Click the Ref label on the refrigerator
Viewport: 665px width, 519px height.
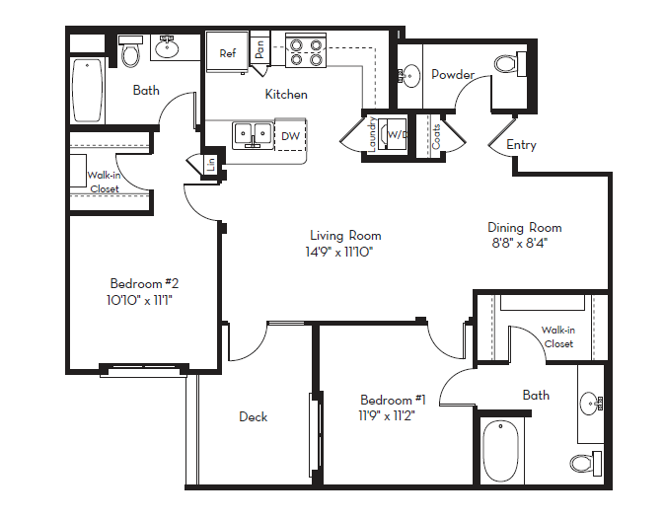pyautogui.click(x=228, y=53)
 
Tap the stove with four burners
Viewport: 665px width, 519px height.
pyautogui.click(x=305, y=50)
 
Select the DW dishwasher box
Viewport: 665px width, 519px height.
pyautogui.click(x=290, y=135)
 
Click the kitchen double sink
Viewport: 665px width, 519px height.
pyautogui.click(x=253, y=134)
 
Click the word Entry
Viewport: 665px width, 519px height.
pyautogui.click(x=521, y=145)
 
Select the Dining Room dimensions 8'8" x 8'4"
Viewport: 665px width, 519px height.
pyautogui.click(x=519, y=243)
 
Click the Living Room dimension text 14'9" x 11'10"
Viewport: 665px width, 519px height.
pyautogui.click(x=345, y=252)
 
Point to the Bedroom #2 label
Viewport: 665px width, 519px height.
pyautogui.click(x=143, y=281)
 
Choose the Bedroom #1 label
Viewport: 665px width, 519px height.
pyautogui.click(x=393, y=400)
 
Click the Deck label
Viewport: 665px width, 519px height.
pyautogui.click(x=254, y=416)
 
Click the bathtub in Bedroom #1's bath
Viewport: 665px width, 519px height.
pyautogui.click(x=501, y=450)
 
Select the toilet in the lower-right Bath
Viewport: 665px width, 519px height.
pyautogui.click(x=584, y=462)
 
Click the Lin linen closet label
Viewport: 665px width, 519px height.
pyautogui.click(x=211, y=165)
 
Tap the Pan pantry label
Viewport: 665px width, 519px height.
pyautogui.click(x=259, y=48)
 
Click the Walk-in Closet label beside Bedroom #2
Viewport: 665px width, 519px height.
pyautogui.click(x=104, y=182)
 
